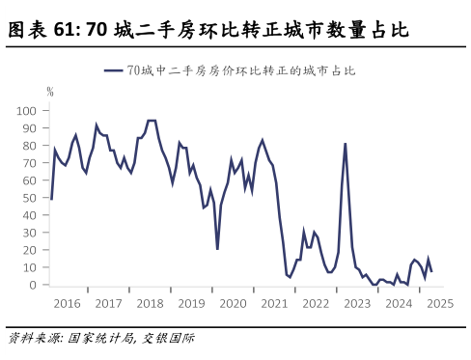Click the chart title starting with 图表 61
point(208,31)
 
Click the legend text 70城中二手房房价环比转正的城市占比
point(241,70)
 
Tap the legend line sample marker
point(114,70)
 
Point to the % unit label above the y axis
point(50,92)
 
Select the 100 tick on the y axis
point(27,111)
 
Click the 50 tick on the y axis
point(30,198)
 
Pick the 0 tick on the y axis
point(33,285)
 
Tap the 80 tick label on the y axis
point(30,146)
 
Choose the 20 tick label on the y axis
point(30,250)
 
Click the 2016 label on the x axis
point(68,303)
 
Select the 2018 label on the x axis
point(150,303)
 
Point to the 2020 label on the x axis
point(233,303)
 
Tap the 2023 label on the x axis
point(357,303)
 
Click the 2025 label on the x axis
point(440,303)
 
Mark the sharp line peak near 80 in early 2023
point(346,144)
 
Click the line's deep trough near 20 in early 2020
point(217,249)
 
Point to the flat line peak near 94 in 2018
point(152,122)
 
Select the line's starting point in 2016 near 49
point(50,199)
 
